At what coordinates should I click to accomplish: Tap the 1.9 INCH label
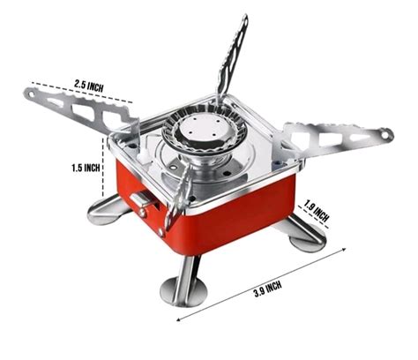[x=316, y=212]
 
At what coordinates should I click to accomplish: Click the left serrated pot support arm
[x=75, y=109]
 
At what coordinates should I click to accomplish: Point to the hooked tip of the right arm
[x=385, y=134]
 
